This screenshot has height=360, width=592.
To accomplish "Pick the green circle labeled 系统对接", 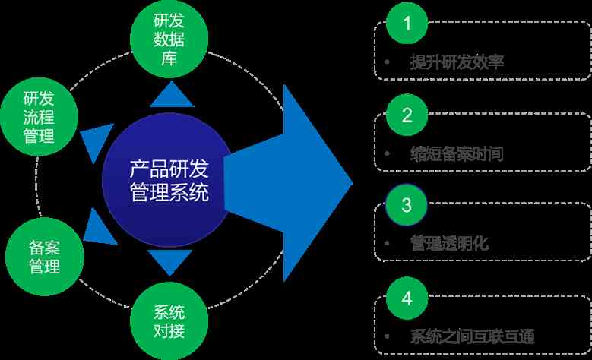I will tap(169, 321).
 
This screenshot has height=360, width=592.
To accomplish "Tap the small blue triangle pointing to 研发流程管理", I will tap(95, 138).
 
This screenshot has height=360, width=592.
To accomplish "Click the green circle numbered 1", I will tap(407, 24).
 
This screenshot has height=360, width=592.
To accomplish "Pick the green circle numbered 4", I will tap(407, 297).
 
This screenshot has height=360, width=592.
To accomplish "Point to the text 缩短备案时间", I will tap(456, 154).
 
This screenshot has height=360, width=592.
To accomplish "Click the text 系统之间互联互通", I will tap(472, 337).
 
